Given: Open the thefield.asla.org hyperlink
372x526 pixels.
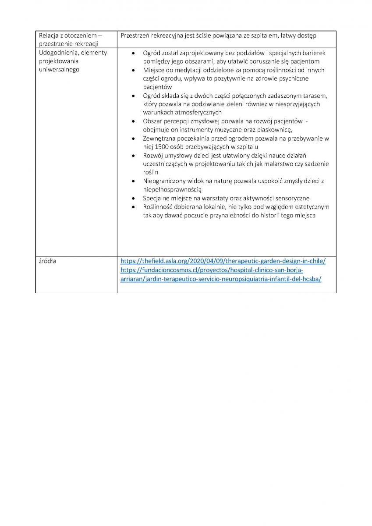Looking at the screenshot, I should (x=223, y=261).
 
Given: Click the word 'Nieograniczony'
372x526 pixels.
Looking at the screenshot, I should (x=165, y=181).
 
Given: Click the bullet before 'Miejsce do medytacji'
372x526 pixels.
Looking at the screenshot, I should (x=133, y=70).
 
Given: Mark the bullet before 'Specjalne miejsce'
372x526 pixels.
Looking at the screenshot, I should (x=133, y=198).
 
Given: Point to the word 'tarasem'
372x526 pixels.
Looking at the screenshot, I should (x=315, y=96).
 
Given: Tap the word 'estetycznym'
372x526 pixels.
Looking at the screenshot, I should (x=312, y=207).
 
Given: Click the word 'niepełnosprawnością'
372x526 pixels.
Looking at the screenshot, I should (x=172, y=190).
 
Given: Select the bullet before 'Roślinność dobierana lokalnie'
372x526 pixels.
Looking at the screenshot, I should (x=133, y=207).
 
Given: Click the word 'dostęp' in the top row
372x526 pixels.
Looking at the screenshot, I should (x=306, y=35).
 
